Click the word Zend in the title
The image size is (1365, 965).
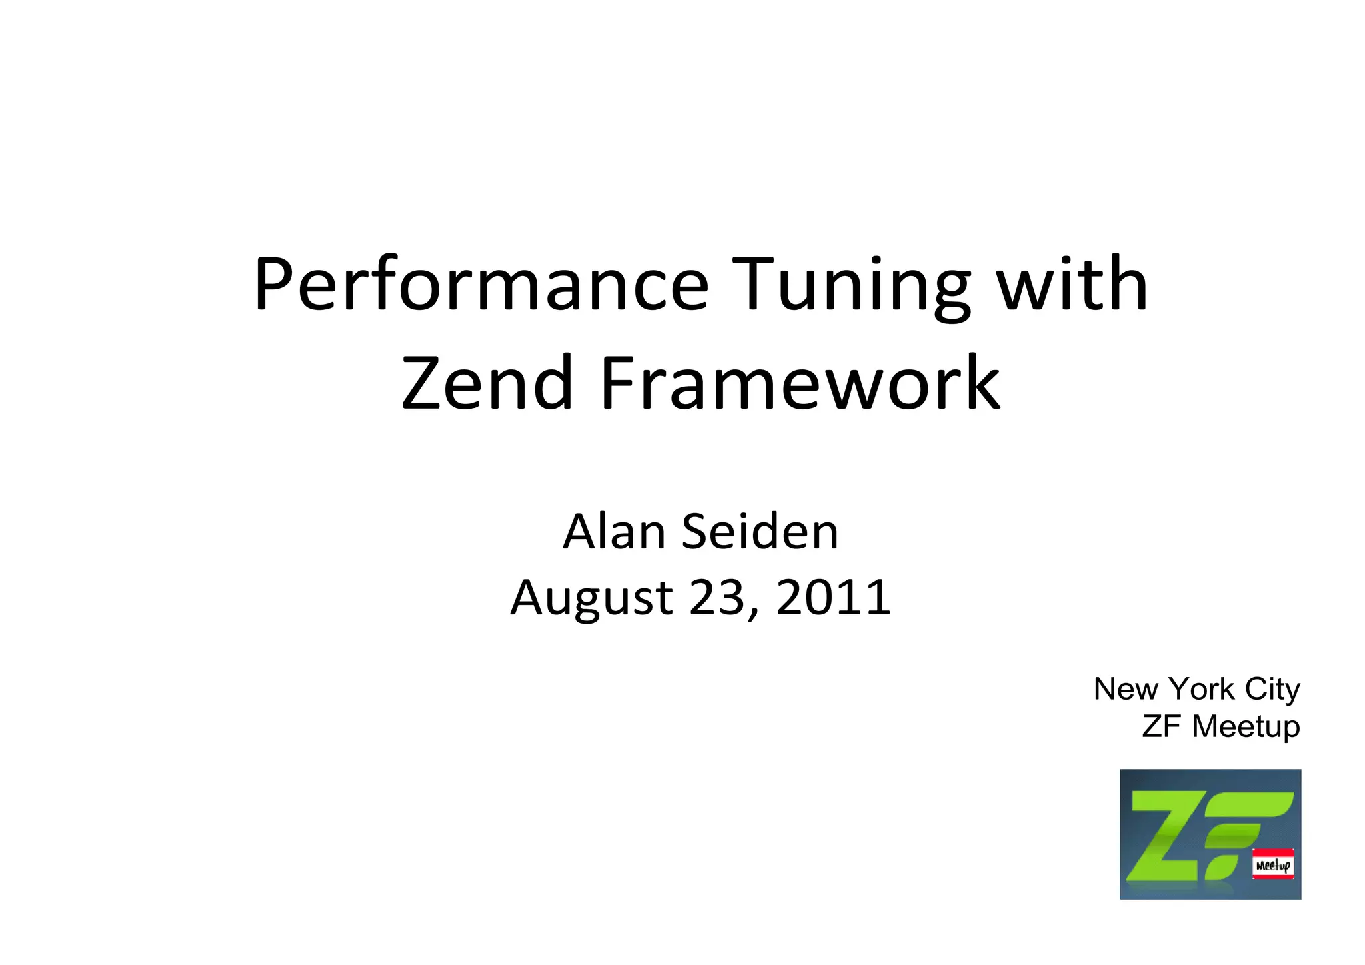487,383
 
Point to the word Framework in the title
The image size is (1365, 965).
800,383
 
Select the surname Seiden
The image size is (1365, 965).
760,532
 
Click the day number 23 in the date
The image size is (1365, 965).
716,597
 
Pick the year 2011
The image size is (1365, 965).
833,597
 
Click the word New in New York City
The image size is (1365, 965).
1126,689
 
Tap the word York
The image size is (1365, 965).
1202,689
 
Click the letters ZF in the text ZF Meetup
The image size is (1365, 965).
1161,726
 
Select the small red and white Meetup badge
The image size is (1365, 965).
1273,864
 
